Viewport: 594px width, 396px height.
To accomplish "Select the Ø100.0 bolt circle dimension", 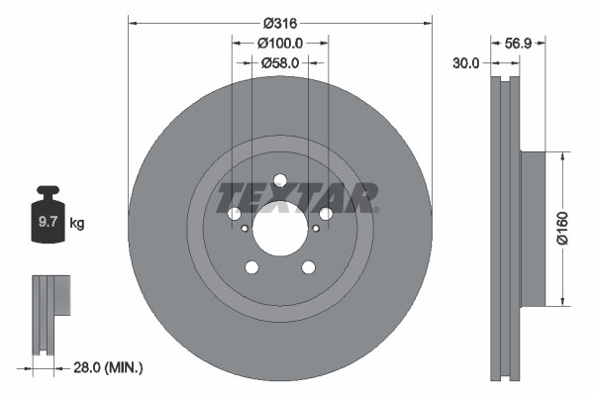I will pos(280,43).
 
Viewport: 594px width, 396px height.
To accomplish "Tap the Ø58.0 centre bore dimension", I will pos(280,62).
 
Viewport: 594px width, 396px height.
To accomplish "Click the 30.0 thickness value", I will pos(465,62).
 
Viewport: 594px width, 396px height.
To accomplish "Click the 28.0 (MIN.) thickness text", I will pos(109,367).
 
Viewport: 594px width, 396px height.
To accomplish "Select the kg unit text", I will pos(77,224).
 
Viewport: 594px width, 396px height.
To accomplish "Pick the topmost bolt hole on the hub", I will pos(279,180).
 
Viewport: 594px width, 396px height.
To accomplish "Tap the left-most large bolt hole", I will pos(235,214).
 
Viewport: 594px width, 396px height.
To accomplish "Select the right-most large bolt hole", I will pos(325,213).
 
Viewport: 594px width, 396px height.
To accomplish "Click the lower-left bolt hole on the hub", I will pos(251,266).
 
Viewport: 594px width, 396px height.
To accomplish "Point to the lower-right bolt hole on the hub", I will pos(308,266).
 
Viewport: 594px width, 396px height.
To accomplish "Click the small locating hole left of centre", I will pos(245,229).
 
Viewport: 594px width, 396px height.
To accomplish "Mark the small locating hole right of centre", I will pos(315,229).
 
